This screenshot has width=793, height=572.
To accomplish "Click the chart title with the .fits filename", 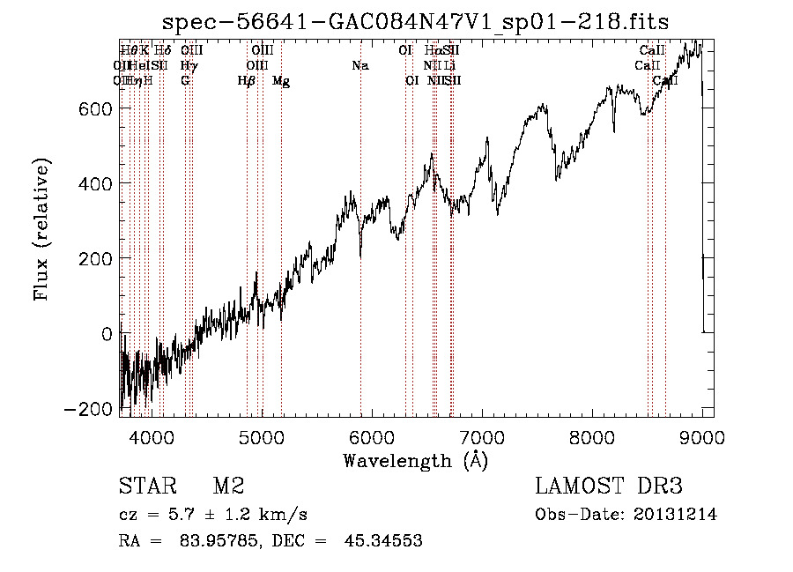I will [x=417, y=23].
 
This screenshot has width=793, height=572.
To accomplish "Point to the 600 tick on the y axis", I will [x=91, y=108].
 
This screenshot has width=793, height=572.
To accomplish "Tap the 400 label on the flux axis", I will [x=91, y=183].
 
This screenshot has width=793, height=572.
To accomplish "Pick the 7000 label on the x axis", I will [x=483, y=435].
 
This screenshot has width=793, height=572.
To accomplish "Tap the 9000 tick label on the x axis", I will [x=703, y=435].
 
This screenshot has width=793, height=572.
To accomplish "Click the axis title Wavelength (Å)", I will [x=415, y=460].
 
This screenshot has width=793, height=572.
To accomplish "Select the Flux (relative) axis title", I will [x=42, y=229].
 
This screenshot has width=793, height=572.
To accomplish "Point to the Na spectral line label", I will [x=359, y=65].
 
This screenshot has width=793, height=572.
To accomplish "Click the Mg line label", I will [x=281, y=81].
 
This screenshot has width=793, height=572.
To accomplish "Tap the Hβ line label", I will [x=247, y=81].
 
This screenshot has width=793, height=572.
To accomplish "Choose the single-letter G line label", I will [x=185, y=81].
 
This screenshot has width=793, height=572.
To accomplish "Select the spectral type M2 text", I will [x=228, y=487].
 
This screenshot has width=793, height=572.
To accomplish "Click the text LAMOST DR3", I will [x=609, y=487].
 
